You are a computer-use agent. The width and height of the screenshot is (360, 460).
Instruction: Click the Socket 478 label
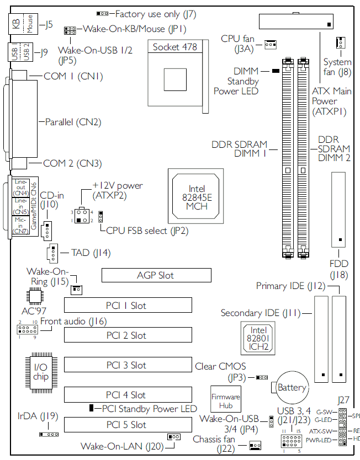tap(174, 47)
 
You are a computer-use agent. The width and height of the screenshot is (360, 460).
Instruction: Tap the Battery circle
tap(291, 387)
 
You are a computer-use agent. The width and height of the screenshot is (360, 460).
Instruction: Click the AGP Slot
tap(156, 275)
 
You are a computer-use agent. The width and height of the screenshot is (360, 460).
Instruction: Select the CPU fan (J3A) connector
tap(270, 44)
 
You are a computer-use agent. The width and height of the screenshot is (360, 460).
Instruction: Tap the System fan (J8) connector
tap(340, 43)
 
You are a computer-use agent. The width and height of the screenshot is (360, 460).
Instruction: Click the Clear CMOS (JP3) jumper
tap(262, 377)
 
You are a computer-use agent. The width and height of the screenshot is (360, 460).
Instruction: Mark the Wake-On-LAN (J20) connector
tap(174, 437)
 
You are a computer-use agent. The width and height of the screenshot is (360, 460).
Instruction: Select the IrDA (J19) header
tap(49, 434)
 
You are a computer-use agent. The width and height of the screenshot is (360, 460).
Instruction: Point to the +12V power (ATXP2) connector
tap(83, 216)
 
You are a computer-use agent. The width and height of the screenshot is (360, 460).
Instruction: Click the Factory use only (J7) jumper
tap(102, 13)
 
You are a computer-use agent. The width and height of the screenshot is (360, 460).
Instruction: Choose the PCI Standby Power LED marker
tap(92, 408)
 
